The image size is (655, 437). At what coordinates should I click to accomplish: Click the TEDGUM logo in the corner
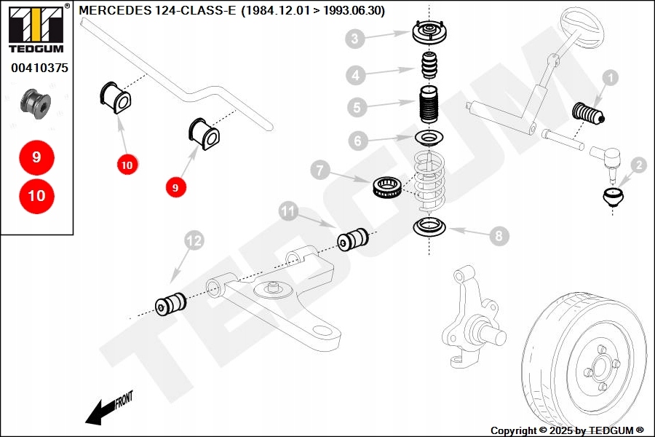coord(36,28)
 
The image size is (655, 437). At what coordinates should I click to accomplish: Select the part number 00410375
coord(40,68)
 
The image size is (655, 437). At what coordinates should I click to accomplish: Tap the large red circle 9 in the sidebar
coord(37,157)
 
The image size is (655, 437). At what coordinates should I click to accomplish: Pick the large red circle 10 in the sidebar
coord(37,196)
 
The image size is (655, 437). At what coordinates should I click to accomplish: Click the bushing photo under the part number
coord(36,103)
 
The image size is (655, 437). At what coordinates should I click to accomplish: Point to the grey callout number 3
coord(355,39)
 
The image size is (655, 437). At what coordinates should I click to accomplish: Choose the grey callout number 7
coord(320,170)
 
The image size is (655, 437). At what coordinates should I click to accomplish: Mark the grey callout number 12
coord(194,240)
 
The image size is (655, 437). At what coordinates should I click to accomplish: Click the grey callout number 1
coord(611,78)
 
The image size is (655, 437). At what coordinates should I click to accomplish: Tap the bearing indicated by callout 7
coord(387,187)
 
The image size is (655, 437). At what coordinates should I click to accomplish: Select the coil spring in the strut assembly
coord(429,181)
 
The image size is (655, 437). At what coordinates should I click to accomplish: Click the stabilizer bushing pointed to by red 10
coord(116,98)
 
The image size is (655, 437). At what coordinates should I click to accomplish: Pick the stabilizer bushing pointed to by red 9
coord(205,134)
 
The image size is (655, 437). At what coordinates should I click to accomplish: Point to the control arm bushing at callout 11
coord(353,239)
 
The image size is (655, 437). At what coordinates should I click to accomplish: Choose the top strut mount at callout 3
coord(429,32)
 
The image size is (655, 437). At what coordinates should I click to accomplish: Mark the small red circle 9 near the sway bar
coord(175,188)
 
